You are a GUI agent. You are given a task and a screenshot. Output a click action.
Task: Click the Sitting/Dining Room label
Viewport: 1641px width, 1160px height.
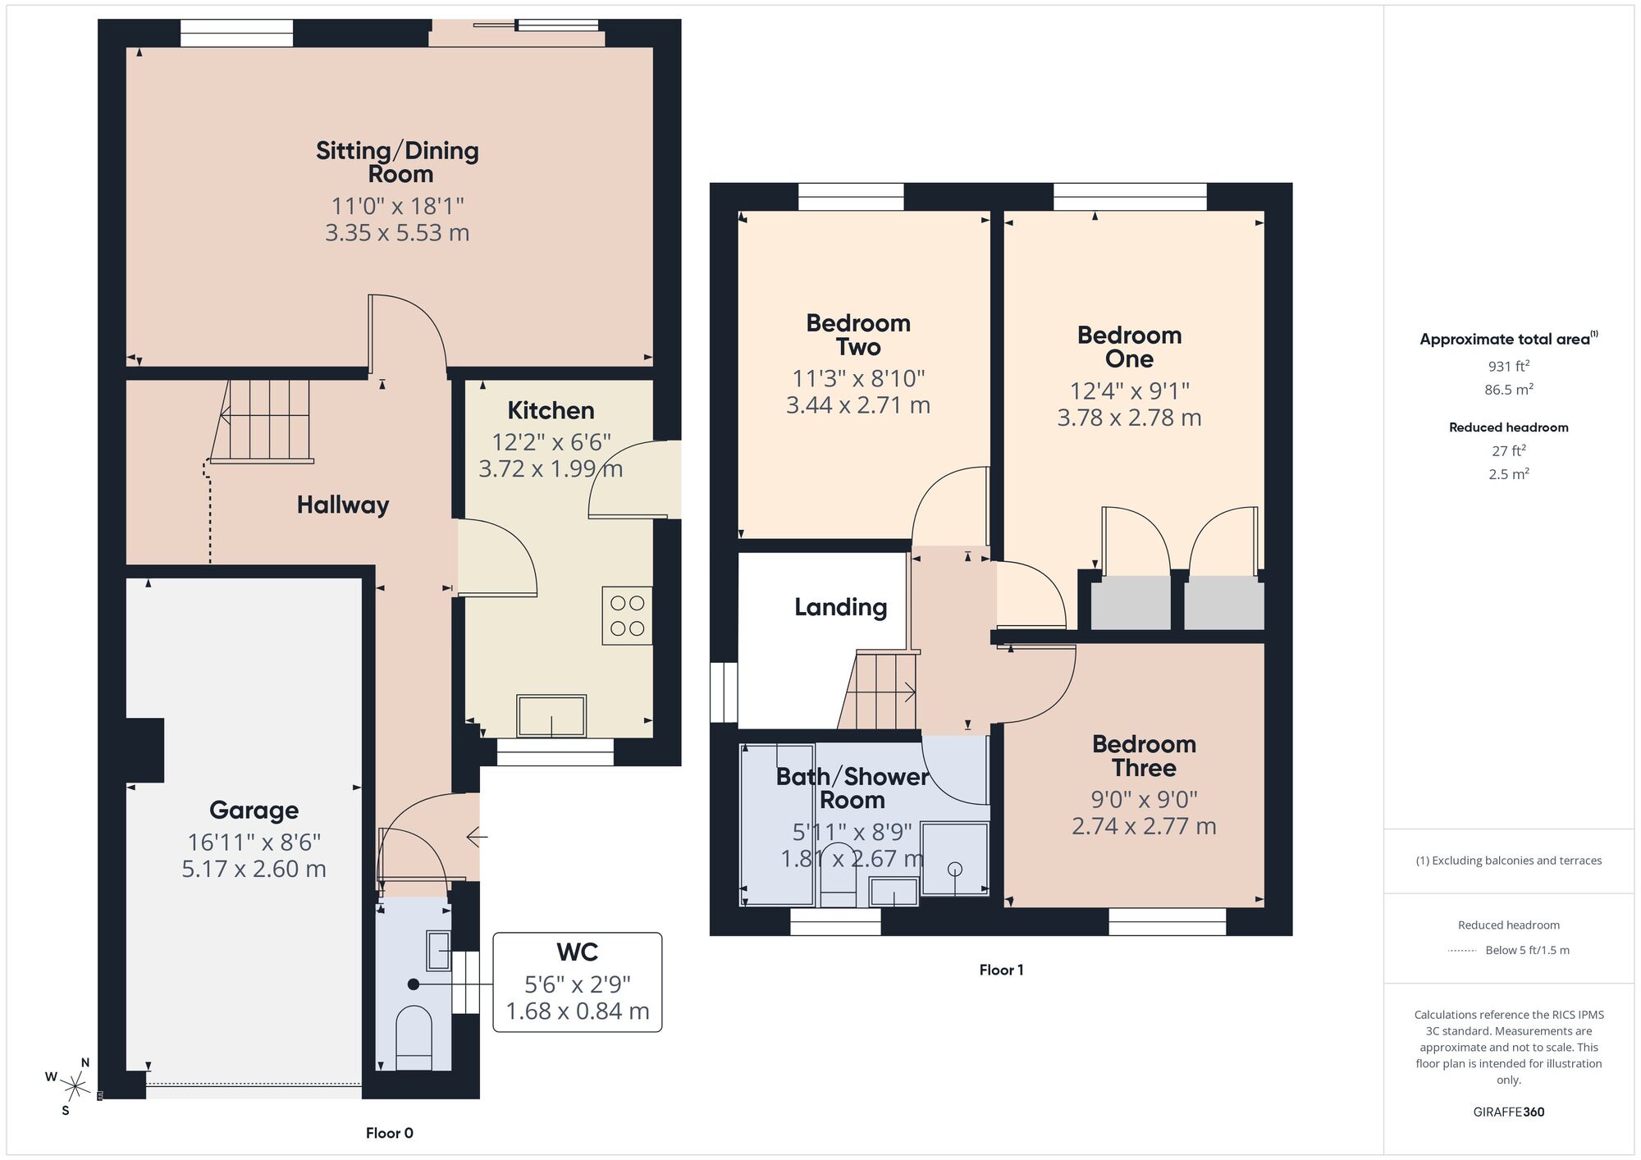point(398,162)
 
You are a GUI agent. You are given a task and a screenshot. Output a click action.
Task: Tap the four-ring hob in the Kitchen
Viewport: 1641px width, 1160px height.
point(627,615)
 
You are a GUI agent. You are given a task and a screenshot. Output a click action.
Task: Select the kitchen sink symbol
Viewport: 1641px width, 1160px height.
point(551,715)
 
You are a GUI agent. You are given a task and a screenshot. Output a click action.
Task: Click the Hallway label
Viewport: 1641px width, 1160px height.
point(343,505)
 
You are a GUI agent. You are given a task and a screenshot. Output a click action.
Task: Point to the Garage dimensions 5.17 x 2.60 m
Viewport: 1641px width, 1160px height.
point(254,869)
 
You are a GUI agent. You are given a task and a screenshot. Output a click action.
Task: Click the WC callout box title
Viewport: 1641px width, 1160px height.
point(577,952)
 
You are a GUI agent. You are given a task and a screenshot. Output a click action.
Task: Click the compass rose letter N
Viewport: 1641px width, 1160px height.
point(85,1062)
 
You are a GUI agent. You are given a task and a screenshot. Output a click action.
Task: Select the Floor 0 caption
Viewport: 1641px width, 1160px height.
point(389,1133)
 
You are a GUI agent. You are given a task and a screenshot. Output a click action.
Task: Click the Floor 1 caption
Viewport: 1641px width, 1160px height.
point(1001,970)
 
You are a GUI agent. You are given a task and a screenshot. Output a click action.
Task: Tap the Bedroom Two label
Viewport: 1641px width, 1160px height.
point(858,335)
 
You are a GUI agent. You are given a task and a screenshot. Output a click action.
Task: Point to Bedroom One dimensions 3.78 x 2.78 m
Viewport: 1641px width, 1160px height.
point(1129,418)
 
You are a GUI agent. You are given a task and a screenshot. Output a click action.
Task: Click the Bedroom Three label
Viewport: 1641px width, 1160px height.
point(1144,756)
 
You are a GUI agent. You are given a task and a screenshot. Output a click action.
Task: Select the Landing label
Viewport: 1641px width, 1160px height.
point(840,607)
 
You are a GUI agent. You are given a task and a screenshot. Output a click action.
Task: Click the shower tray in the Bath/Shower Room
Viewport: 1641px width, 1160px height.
point(954,858)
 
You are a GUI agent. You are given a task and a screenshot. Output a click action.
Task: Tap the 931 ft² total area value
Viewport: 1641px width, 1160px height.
point(1508,367)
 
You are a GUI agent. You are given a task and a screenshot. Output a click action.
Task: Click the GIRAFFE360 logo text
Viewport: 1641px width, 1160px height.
point(1508,1112)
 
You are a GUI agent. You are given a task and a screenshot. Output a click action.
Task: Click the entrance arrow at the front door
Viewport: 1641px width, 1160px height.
point(477,837)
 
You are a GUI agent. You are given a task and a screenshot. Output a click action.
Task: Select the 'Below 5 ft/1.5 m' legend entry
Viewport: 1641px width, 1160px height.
point(1526,950)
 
